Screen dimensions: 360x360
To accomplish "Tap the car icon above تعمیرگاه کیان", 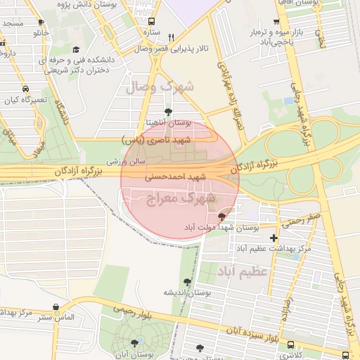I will (x=25, y=89).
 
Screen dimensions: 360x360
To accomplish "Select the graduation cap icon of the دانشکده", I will (x=76, y=49).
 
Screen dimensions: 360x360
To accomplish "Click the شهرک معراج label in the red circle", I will (x=179, y=199).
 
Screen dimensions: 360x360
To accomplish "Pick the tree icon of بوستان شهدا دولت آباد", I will (x=223, y=217).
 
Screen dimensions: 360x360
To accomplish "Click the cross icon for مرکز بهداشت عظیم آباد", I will (x=274, y=238).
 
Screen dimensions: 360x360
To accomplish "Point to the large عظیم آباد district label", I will (x=243, y=271).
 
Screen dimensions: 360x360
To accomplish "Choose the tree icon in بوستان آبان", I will (x=134, y=343).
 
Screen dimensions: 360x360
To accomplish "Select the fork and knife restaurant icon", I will (x=172, y=37).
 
